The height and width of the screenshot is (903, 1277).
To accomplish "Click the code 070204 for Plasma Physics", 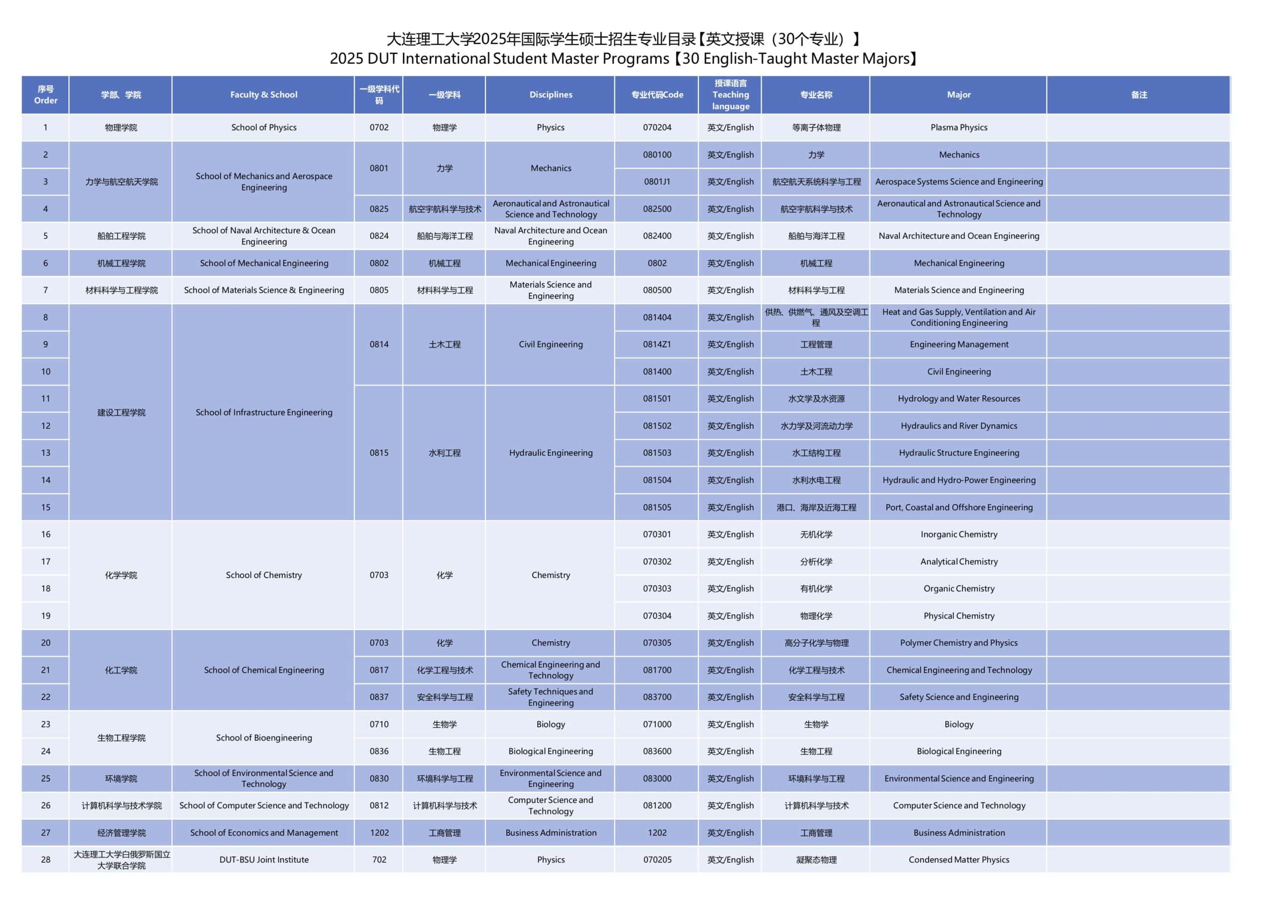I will [657, 127].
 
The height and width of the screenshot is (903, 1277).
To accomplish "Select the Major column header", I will [958, 95].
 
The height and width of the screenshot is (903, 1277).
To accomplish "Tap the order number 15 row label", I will [45, 507].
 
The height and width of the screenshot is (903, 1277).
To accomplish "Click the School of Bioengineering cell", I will [264, 737].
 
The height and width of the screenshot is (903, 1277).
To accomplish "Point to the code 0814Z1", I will [657, 344].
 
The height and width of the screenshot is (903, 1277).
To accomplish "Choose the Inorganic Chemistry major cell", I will [958, 534].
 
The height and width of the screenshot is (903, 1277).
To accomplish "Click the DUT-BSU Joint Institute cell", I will [264, 859].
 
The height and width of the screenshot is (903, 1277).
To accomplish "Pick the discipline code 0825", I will [379, 208].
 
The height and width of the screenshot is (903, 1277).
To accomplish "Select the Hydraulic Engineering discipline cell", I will [550, 453].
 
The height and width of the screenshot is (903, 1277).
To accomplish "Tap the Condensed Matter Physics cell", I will [958, 859].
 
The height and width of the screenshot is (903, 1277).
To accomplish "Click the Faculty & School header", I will [264, 95].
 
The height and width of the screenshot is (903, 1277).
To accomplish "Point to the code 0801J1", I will [657, 181].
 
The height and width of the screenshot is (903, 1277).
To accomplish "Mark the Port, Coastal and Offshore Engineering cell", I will [958, 507].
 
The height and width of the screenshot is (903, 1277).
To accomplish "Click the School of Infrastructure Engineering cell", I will [264, 412].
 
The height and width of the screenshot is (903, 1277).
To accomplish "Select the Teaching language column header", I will [730, 95].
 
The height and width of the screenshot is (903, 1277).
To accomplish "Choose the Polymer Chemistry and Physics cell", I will [958, 642].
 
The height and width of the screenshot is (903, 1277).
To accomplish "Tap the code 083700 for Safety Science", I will [657, 697].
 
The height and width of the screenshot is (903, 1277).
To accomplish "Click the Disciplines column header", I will [550, 95].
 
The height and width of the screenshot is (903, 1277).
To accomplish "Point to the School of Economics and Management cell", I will [264, 832].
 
